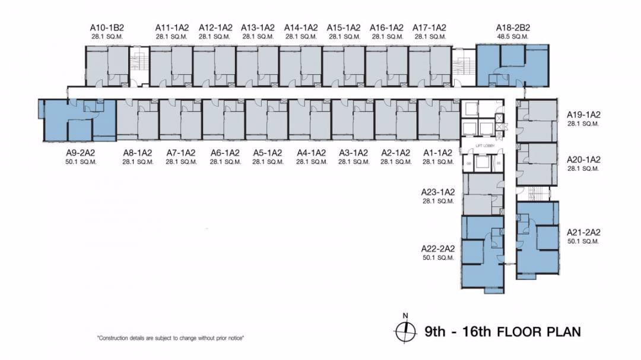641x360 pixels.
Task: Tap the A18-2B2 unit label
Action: point(513,27)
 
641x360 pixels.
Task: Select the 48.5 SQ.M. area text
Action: point(513,36)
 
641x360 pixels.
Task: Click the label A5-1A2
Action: point(266,152)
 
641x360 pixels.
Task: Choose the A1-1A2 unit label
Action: point(438,152)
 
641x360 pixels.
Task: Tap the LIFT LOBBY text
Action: point(481,145)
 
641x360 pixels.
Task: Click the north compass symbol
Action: point(404,329)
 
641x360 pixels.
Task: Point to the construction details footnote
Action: point(171,338)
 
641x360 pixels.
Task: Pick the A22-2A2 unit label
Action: point(439,249)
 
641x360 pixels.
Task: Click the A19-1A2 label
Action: point(584,114)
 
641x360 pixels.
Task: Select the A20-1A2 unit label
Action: point(584,160)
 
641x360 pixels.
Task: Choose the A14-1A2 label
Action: point(301,27)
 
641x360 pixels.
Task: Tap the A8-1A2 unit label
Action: point(138,152)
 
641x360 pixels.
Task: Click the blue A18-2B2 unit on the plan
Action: point(513,65)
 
